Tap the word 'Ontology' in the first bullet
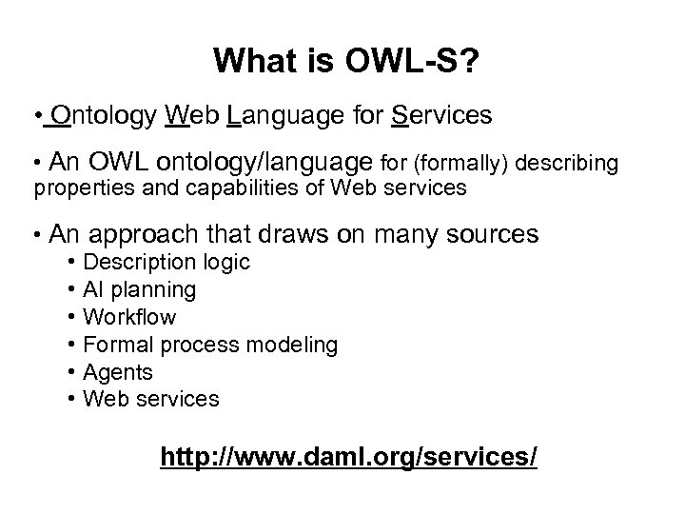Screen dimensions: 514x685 point(106,117)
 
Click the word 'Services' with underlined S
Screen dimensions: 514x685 point(441,117)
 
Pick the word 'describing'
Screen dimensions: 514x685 point(564,164)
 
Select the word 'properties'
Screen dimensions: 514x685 point(78,188)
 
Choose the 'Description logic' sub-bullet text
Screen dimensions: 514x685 point(167,262)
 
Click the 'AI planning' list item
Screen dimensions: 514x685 point(140,289)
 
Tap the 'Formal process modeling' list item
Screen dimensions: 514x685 point(210,344)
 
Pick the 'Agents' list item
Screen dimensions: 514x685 point(119,371)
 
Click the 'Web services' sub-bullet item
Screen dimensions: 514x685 point(151,398)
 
